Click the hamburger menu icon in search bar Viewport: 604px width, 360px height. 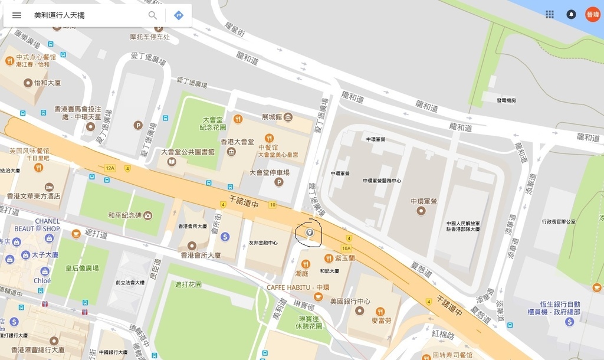pos(17,15)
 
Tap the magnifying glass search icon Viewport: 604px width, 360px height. pos(153,15)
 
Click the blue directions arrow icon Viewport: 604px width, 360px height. pos(179,15)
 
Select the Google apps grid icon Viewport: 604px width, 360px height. pos(550,15)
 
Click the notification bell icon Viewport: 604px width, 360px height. pos(571,15)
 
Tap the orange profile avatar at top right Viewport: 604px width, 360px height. pos(592,15)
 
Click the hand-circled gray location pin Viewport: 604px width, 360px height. pos(309,234)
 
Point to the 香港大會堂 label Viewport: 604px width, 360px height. pos(237,142)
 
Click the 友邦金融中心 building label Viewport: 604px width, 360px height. pos(263,243)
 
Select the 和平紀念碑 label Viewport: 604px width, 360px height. pos(124,215)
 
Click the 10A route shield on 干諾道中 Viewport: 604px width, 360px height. pos(346,248)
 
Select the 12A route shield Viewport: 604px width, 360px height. pos(110,168)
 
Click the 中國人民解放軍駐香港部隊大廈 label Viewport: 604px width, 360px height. pos(463,226)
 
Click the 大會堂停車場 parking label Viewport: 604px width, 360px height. pos(270,173)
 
